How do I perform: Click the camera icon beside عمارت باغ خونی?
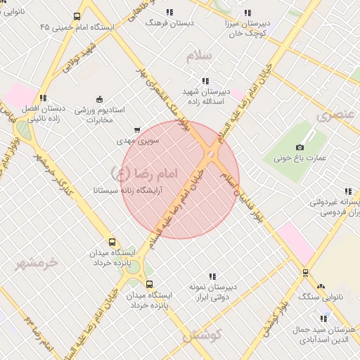[300, 147]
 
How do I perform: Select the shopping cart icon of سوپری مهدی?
[136, 129]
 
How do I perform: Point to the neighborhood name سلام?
[199, 55]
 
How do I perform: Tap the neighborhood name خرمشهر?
[39, 262]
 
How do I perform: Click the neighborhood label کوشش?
[202, 336]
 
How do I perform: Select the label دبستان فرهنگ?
[169, 22]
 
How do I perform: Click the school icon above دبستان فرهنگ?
[169, 12]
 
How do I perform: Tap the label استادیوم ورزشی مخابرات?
[99, 115]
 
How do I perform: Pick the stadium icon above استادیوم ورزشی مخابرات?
[99, 98]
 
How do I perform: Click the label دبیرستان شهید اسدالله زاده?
[205, 97]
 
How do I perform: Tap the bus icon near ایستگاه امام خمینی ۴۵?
[77, 16]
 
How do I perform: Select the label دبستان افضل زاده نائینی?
[42, 114]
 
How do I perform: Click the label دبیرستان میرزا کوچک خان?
[247, 27]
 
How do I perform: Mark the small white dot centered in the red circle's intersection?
[210, 155]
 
